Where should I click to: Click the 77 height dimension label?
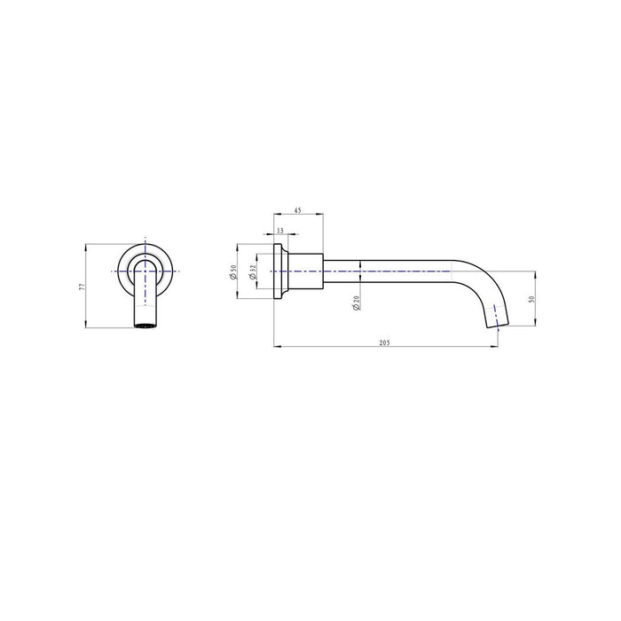82,287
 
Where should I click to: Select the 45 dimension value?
297,211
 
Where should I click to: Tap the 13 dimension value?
280,230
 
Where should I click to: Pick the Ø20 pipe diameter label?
355,302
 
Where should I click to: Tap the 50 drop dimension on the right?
531,300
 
